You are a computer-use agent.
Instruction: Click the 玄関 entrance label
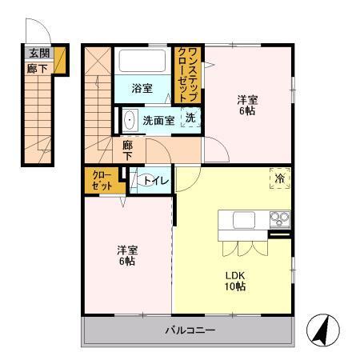(x=38, y=54)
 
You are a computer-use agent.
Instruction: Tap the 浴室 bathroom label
(x=142, y=89)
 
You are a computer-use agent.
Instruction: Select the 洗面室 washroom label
(x=158, y=121)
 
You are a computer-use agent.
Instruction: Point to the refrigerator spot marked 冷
(x=281, y=178)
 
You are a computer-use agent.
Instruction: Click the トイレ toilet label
(x=156, y=181)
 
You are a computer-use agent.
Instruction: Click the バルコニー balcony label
(x=190, y=330)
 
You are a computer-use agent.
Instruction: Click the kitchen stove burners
(x=279, y=218)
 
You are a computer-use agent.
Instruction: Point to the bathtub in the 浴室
(x=144, y=63)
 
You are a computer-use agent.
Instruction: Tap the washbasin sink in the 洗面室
(x=130, y=121)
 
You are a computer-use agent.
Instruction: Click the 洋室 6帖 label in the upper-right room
(x=247, y=105)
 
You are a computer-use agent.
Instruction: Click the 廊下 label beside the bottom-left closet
(x=127, y=150)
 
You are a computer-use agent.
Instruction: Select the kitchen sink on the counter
(x=244, y=219)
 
